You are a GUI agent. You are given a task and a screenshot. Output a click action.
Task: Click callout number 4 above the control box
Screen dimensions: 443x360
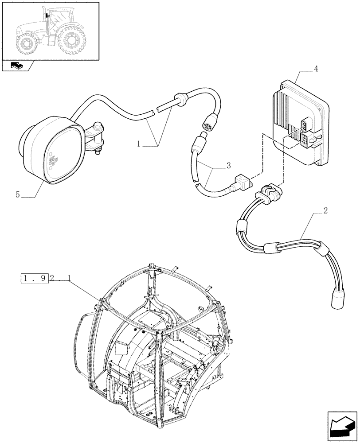pos(316,69)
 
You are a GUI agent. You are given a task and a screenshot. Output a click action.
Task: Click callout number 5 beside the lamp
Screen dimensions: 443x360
pos(18,194)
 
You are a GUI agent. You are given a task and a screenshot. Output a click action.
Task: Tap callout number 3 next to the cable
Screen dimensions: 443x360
pos(228,166)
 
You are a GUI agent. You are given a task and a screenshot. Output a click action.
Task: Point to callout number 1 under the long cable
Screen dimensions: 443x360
pos(139,144)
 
